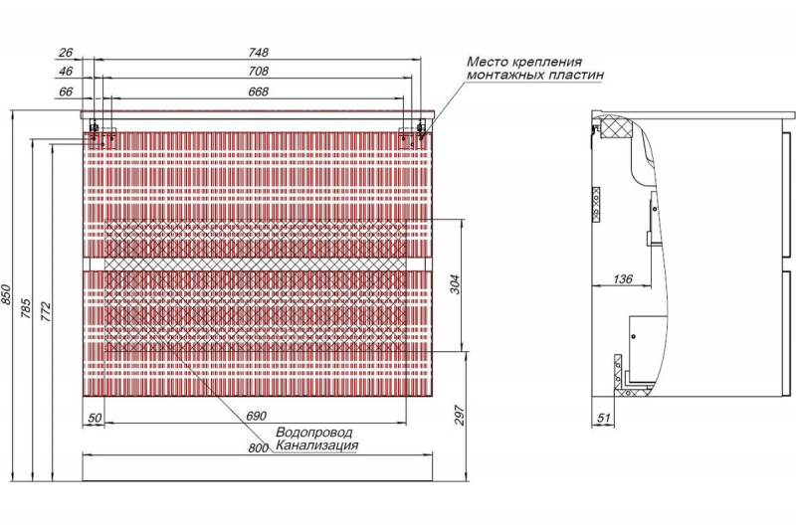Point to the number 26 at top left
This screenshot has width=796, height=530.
[x=66, y=52]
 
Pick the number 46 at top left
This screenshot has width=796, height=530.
[x=66, y=72]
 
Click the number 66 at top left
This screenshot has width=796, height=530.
[x=66, y=91]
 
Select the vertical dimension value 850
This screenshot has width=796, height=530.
[x=8, y=295]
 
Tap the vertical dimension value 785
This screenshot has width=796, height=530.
[x=27, y=303]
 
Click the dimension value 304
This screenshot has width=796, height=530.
[x=454, y=285]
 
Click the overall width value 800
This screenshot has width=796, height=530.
[x=258, y=448]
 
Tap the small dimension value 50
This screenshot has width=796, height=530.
[x=95, y=418]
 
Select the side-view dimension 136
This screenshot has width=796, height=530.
[x=622, y=279]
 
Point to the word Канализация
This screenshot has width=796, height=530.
[x=316, y=446]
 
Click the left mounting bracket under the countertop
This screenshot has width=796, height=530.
[x=96, y=129]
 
